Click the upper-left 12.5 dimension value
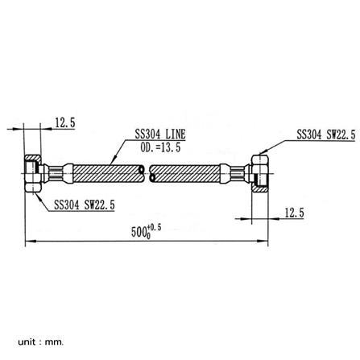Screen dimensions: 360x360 pyautogui.click(x=65, y=122)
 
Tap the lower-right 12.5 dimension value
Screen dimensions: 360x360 pyautogui.click(x=294, y=213)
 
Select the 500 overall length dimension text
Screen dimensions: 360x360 pyautogui.click(x=139, y=232)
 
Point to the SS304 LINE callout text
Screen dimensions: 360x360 pyautogui.click(x=160, y=134)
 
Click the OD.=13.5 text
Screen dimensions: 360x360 pyautogui.click(x=160, y=147)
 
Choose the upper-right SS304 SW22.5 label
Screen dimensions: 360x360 pyautogui.click(x=326, y=134)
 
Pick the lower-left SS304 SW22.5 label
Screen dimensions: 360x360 pyautogui.click(x=85, y=205)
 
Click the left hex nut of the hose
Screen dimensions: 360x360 pyautogui.click(x=33, y=173)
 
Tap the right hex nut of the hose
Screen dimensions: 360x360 pyautogui.click(x=260, y=173)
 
